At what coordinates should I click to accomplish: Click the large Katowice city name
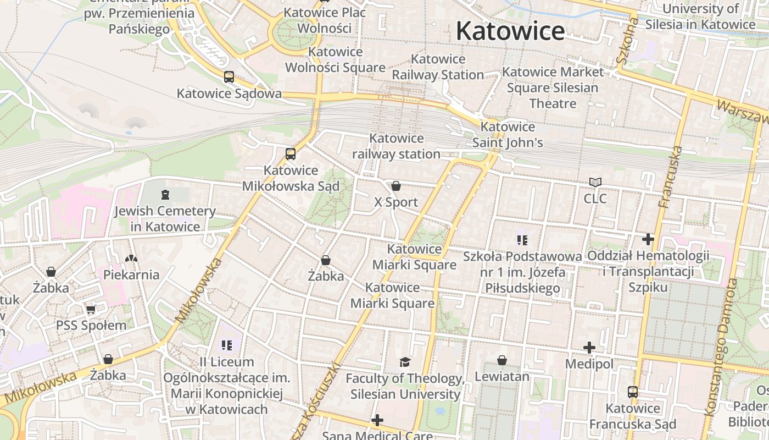pos(510,31)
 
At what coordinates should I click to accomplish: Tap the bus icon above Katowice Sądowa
pos(229,77)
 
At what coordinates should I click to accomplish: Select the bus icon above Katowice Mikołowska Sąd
pos(291,154)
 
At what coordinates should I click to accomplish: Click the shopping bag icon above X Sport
pos(396,186)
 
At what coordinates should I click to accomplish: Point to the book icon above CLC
pos(595,182)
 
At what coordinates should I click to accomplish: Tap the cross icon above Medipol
pos(589,348)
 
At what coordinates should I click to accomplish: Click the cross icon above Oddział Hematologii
pos(648,239)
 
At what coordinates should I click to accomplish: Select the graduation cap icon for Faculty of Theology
pos(405,362)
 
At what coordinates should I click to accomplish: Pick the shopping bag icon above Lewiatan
pos(501,360)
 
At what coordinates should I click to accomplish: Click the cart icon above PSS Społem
pos(91,309)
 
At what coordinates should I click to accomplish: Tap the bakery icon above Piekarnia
pos(131,258)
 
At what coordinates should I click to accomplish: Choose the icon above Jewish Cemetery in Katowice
pos(165,195)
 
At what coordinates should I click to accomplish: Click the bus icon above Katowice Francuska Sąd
pos(633,392)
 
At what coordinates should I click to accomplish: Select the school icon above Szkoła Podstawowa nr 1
pos(522,240)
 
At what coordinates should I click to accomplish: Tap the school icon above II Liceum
pos(227,345)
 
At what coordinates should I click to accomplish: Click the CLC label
pos(595,199)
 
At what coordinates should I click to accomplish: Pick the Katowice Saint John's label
pos(508,135)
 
